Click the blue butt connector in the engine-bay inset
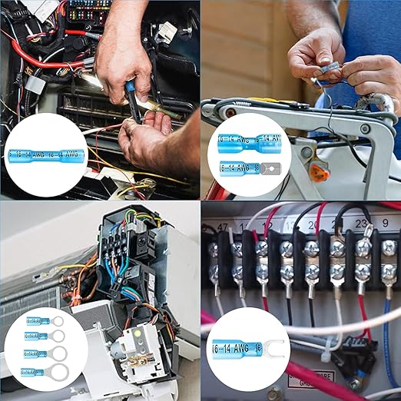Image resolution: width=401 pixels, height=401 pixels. pos(46,154)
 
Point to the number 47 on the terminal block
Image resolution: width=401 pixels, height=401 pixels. pos(223,227)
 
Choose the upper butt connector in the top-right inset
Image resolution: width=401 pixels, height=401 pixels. pos(249,141)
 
